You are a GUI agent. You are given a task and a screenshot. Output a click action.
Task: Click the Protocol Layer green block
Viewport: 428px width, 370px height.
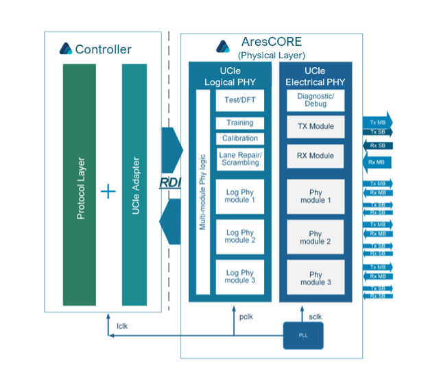point(80,185)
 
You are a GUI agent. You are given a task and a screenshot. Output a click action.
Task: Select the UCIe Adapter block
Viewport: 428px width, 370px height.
point(134,185)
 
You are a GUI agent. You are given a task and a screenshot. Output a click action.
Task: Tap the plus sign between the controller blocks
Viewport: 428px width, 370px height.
point(108,191)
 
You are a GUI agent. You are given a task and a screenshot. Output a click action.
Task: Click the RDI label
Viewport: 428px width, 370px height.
point(170,182)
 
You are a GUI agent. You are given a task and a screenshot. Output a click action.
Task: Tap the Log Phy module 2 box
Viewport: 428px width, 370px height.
point(239,236)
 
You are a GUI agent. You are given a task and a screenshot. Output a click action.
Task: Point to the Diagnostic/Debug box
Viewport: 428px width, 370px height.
point(316,100)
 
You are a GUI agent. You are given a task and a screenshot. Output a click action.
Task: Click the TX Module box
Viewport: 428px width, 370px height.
point(316,126)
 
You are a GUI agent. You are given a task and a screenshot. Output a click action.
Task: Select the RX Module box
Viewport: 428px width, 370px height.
point(316,156)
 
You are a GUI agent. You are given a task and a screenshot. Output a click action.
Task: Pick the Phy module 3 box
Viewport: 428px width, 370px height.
point(316,278)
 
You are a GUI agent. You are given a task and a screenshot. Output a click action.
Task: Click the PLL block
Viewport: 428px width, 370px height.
point(303,336)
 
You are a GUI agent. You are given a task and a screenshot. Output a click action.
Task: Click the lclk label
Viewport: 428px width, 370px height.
point(121,325)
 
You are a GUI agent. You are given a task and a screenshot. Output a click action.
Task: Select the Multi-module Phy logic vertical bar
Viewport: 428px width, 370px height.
point(203,192)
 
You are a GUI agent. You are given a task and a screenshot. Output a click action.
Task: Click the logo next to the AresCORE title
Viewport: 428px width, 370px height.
point(223,46)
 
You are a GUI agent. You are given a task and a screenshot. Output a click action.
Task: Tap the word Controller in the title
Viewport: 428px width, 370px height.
point(103,49)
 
